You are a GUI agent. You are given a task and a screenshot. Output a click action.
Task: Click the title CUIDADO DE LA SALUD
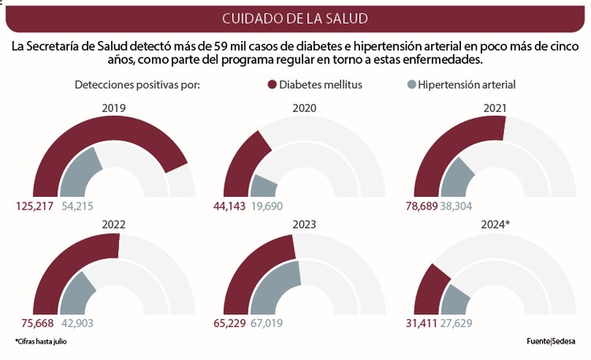(x=295, y=17)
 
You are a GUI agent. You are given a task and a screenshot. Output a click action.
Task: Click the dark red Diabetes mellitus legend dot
(x=273, y=84)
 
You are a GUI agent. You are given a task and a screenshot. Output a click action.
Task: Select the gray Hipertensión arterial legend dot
(x=411, y=84)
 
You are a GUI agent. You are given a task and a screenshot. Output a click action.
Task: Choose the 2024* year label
(x=495, y=225)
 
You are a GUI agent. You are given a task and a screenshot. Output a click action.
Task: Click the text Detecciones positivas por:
(x=137, y=84)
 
